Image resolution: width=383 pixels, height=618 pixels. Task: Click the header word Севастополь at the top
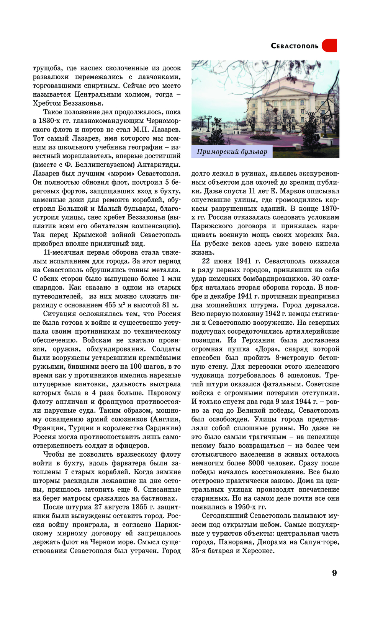tap(295, 46)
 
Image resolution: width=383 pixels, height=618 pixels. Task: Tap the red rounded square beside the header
tap(329, 46)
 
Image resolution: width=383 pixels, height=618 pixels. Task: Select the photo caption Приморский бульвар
tap(232, 152)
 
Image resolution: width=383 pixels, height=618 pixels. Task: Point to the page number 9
tap(334, 573)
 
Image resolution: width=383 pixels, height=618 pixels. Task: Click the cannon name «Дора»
tap(262, 349)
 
